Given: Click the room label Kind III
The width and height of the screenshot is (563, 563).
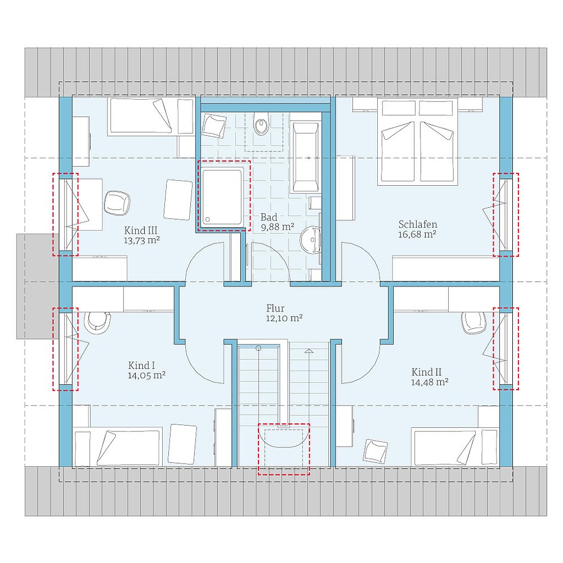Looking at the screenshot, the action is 141,230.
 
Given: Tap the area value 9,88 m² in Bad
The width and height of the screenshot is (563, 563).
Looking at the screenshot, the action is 278,227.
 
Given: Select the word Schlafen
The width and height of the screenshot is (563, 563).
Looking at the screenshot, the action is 418,225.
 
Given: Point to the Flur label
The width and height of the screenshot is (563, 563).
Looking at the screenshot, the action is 275,308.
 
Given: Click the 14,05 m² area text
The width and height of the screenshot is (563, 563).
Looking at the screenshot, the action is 146,376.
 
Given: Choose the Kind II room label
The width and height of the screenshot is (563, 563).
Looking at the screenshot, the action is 427,372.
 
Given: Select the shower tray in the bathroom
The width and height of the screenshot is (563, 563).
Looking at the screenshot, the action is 222,197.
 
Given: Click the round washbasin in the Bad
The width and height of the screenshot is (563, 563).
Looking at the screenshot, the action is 311,239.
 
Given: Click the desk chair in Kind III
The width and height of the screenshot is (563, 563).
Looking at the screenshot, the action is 117,203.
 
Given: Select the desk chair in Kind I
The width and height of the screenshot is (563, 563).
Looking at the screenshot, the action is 97,321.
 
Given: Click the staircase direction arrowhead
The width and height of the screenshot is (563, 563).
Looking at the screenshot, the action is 309,351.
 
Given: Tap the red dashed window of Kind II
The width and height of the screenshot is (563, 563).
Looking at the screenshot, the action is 506,348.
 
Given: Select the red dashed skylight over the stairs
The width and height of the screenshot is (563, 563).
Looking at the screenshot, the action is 284,449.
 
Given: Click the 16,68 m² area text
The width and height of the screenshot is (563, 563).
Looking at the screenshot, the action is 417,234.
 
